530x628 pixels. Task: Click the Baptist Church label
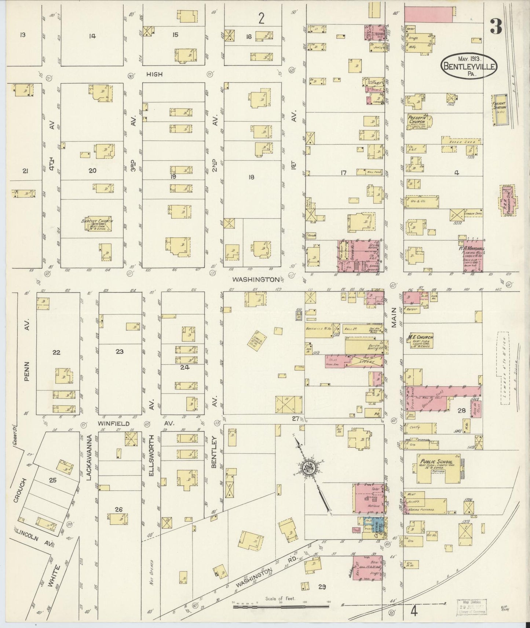pyautogui.click(x=97, y=221)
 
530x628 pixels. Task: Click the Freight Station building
pyautogui.click(x=500, y=110)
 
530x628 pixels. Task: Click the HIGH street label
pyautogui.click(x=154, y=74)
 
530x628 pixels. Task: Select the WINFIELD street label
pyautogui.click(x=113, y=423)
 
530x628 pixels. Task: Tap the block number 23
pyautogui.click(x=120, y=352)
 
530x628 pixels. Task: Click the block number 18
pyautogui.click(x=251, y=177)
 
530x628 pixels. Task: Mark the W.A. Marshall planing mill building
pyautogui.click(x=473, y=256)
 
